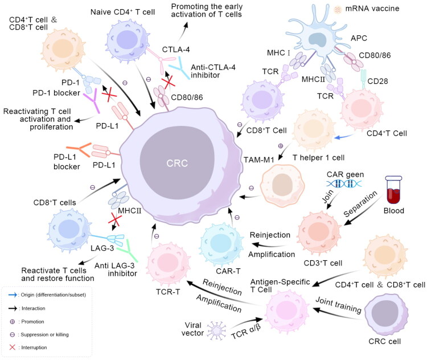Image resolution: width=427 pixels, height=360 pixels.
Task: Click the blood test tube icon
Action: (393, 190)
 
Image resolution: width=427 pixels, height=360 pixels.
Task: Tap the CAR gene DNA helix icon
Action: (344, 184)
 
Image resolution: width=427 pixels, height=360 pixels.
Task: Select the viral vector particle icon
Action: (216, 330)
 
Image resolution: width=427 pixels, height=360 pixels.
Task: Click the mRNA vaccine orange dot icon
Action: (338, 10)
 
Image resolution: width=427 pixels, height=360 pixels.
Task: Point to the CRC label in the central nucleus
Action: (177, 163)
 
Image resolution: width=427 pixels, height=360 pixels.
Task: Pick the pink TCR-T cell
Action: (168, 264)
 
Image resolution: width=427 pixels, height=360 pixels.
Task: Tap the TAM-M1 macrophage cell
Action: (282, 185)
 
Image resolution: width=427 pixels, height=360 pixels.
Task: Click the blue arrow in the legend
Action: (13, 295)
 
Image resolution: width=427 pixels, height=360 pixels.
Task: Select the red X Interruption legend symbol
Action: (13, 347)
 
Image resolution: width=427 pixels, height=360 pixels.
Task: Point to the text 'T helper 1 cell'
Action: (318, 158)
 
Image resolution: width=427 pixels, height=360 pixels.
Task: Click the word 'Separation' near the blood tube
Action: (360, 203)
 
